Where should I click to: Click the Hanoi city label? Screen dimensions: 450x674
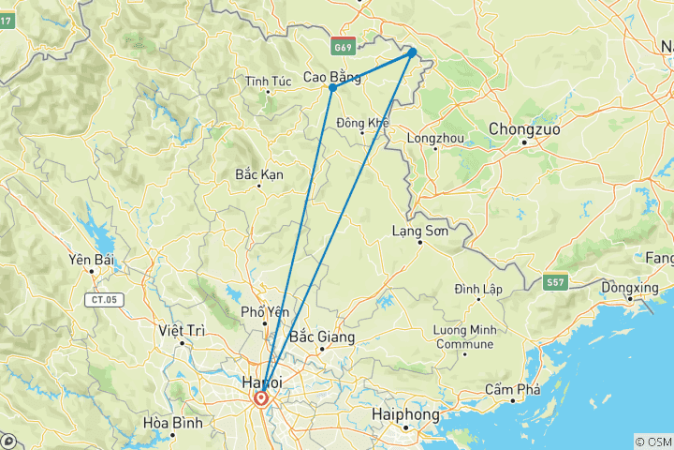click(x=261, y=382)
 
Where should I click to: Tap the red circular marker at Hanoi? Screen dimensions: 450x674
click(x=261, y=398)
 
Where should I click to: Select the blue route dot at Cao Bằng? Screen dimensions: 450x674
click(x=332, y=87)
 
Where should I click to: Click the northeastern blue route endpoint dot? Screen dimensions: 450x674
click(x=412, y=52)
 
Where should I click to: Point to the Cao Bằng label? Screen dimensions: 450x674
click(x=332, y=77)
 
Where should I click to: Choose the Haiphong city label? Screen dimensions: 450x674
click(x=405, y=413)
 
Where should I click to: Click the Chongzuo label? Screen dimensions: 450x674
click(x=524, y=128)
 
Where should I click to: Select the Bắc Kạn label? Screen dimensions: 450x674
click(x=259, y=173)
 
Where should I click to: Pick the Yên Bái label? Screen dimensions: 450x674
click(x=91, y=259)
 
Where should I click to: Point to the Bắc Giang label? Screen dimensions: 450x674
click(x=322, y=336)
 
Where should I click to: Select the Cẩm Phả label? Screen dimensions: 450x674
click(x=512, y=389)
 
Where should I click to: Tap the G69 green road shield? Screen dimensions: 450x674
click(x=343, y=44)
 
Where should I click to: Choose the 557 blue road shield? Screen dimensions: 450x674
click(x=555, y=280)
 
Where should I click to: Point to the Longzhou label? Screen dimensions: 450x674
click(x=435, y=138)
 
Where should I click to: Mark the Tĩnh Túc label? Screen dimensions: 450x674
click(x=269, y=82)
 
